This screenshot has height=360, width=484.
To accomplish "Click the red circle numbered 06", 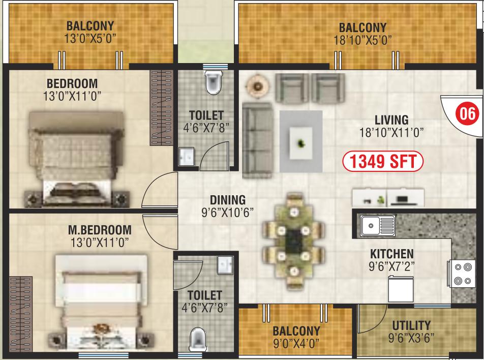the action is coord(467,113).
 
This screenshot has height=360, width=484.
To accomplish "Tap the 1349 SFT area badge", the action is coord(383,161).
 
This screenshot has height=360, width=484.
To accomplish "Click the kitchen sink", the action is coord(378,225).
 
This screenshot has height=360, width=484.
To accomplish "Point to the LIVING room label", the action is coord(391,120).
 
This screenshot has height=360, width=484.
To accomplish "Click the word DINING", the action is coord(228,200).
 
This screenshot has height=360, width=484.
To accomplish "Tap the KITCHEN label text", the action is coord(391,254).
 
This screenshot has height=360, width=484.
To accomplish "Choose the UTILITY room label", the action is coord(411,325).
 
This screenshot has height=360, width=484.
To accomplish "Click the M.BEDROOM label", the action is coord(100,230).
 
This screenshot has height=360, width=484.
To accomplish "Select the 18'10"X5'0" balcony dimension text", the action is coord(362,41).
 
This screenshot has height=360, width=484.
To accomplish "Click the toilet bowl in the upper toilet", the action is coord(213,82).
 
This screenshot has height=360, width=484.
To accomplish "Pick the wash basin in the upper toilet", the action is coord(187,156).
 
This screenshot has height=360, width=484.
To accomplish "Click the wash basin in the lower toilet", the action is coord(225,265).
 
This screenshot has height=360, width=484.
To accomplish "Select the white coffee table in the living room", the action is coord(300,143).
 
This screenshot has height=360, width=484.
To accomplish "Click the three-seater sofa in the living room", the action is coord(257,140).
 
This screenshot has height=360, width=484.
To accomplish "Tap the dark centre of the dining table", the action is coord(293,241).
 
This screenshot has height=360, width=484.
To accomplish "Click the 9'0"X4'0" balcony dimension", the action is coord(296,343).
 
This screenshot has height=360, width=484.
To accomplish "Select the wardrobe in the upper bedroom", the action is coord(161,108).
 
